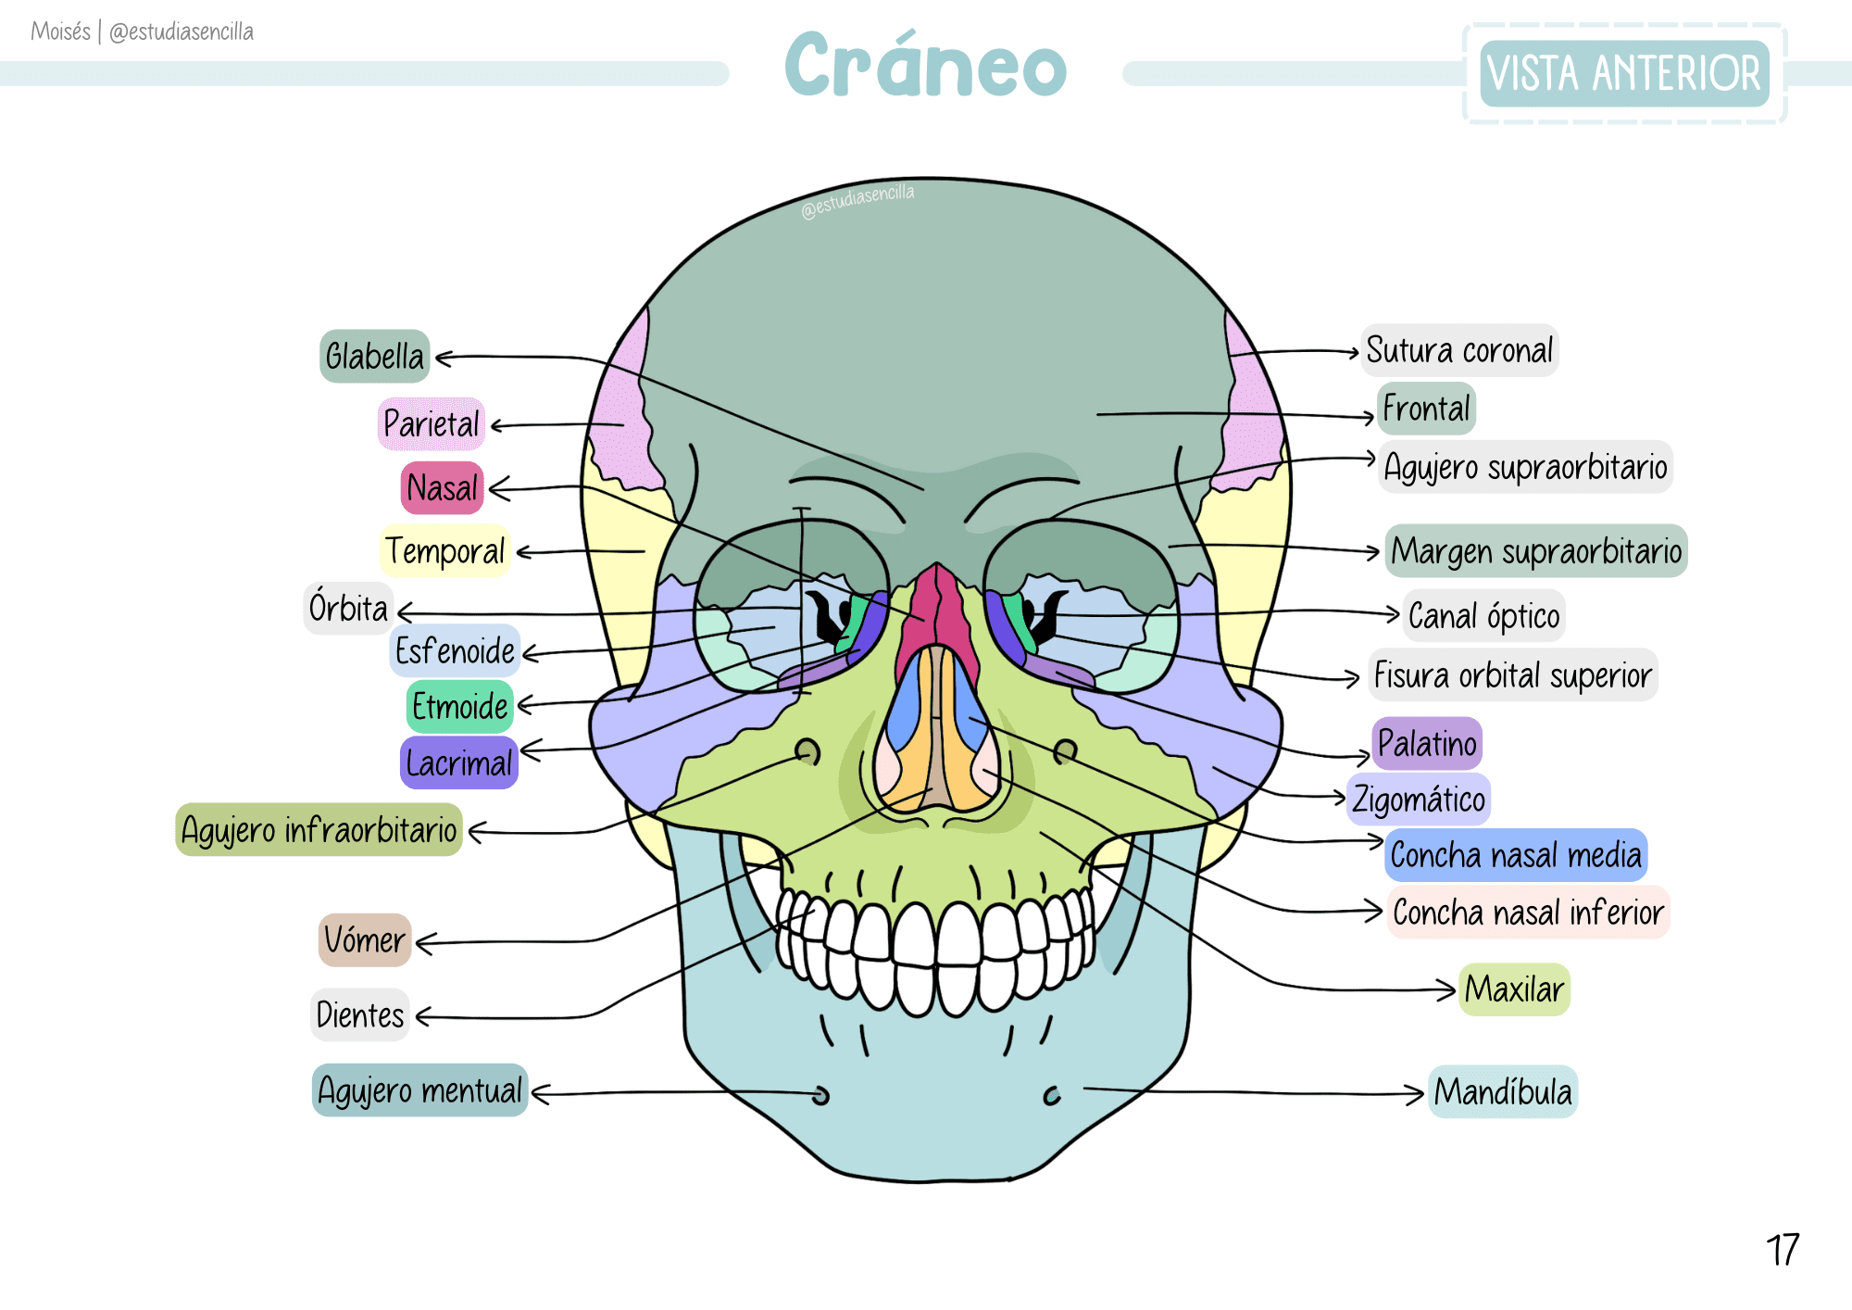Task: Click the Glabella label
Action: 374,357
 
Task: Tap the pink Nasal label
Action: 443,488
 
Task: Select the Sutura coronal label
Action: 1459,351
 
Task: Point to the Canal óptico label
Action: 1483,616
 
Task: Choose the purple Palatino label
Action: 1427,743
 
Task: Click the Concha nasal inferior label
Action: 1528,913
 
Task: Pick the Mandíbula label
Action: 1503,1092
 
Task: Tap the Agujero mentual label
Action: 420,1090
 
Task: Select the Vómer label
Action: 365,940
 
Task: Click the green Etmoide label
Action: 460,707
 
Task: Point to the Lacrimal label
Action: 459,763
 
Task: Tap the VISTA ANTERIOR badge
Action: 1624,73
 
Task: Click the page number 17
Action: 1782,1251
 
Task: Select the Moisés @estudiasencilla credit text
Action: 142,31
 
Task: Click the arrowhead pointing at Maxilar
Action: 1447,989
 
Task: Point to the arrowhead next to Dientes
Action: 423,1017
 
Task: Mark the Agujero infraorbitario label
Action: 319,830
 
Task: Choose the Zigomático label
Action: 1419,800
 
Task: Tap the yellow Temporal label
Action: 445,551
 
